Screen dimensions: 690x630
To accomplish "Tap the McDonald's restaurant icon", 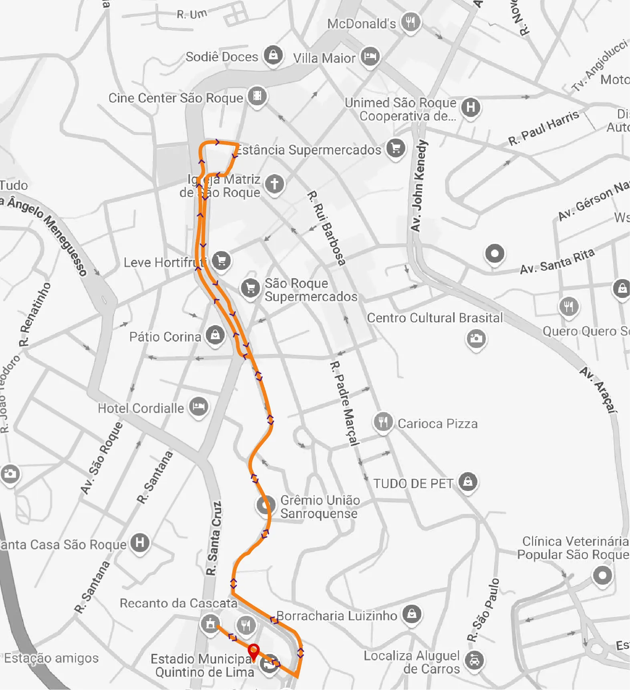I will click(411, 22).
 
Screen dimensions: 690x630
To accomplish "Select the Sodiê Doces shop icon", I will click(273, 55).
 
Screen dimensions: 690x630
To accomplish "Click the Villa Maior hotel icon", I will click(370, 57).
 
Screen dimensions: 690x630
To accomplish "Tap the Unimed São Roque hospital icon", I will click(471, 107).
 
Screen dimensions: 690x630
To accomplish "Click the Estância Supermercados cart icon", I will click(396, 148).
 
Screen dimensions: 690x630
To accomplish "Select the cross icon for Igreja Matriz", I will click(274, 184).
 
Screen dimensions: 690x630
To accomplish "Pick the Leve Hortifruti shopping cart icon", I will click(221, 261).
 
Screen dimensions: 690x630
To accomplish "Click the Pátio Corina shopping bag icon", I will click(215, 335).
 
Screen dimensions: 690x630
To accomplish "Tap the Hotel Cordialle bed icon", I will click(199, 407).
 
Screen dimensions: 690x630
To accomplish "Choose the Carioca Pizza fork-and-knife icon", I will click(383, 422).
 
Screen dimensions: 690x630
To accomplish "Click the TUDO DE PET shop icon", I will click(468, 482).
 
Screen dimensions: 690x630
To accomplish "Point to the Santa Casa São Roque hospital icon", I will click(139, 543).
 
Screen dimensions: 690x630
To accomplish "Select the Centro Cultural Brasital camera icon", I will click(476, 338).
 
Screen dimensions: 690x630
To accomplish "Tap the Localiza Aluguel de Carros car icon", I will click(474, 660).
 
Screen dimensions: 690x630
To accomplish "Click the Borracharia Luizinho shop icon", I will click(412, 614).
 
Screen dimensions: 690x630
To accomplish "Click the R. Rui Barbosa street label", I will click(326, 229).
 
